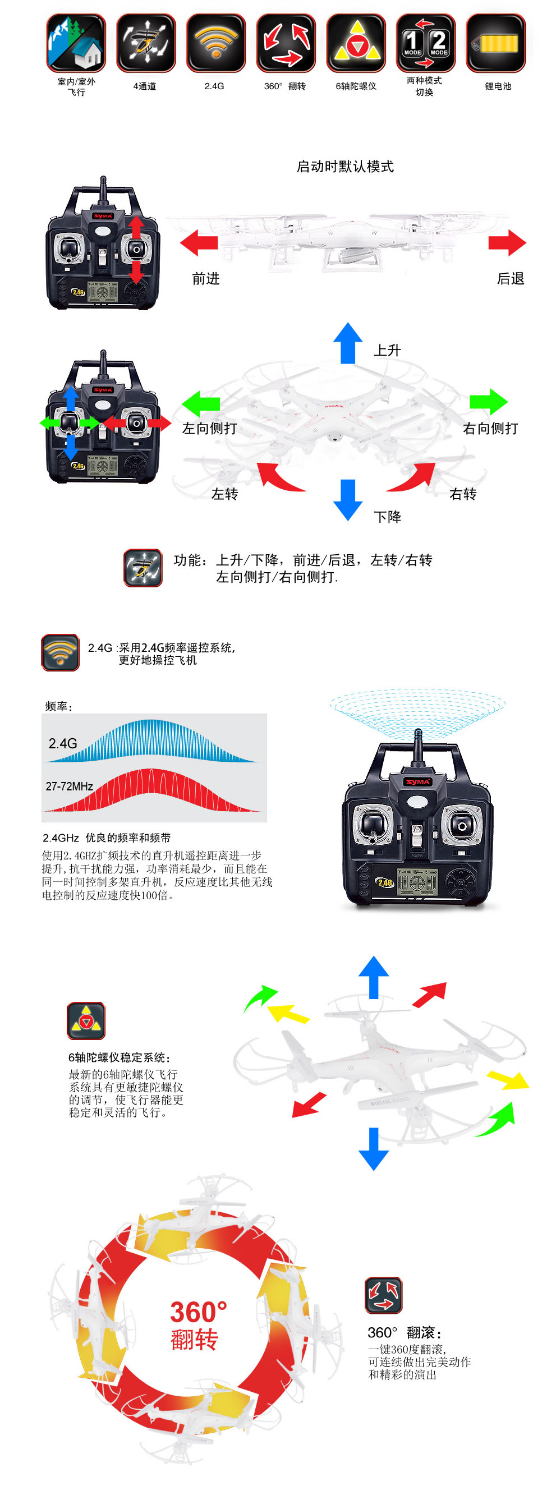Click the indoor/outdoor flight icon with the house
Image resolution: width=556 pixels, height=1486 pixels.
click(76, 43)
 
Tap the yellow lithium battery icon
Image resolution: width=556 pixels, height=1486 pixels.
click(495, 43)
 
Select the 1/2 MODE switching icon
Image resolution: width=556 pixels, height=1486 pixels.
click(426, 43)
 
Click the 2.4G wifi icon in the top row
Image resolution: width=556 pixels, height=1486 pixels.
click(215, 43)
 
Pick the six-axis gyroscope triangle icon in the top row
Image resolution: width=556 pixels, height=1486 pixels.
click(356, 43)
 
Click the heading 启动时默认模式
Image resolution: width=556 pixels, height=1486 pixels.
click(345, 167)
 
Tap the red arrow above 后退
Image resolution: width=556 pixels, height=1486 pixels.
click(507, 242)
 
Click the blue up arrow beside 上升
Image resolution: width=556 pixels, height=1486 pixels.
click(348, 343)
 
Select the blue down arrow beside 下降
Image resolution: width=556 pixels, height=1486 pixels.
click(348, 500)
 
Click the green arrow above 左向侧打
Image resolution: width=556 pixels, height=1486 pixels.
click(201, 403)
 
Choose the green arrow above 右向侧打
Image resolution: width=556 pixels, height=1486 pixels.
click(489, 402)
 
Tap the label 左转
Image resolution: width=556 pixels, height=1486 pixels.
click(224, 494)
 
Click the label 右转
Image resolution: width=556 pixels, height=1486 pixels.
click(462, 494)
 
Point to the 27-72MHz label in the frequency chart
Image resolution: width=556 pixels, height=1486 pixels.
click(69, 786)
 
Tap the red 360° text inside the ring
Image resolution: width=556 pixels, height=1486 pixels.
click(199, 1312)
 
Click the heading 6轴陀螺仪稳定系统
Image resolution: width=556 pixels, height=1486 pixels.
click(120, 1057)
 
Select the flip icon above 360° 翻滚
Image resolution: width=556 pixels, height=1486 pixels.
click(384, 1295)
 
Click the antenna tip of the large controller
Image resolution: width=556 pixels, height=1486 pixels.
click(417, 732)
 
